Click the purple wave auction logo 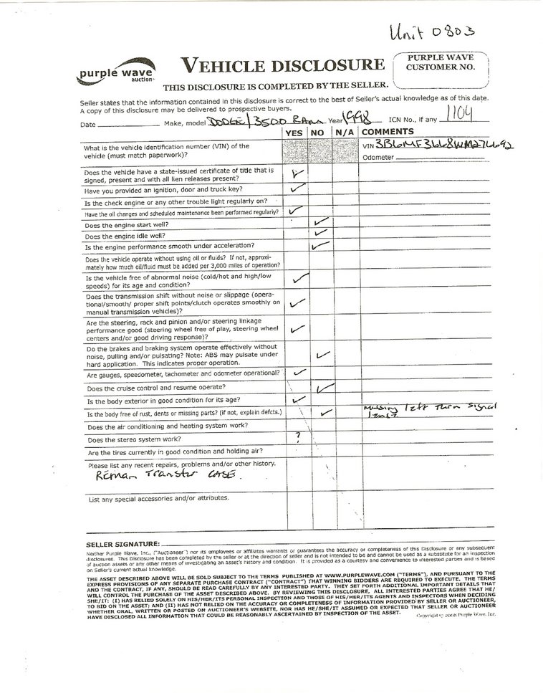pyautogui.click(x=107, y=75)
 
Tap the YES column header pyautogui.click(x=294, y=133)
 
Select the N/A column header pyautogui.click(x=345, y=133)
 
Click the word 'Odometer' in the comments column pyautogui.click(x=378, y=157)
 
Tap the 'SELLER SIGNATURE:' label pyautogui.click(x=120, y=544)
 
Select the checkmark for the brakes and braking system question pyautogui.click(x=322, y=354)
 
